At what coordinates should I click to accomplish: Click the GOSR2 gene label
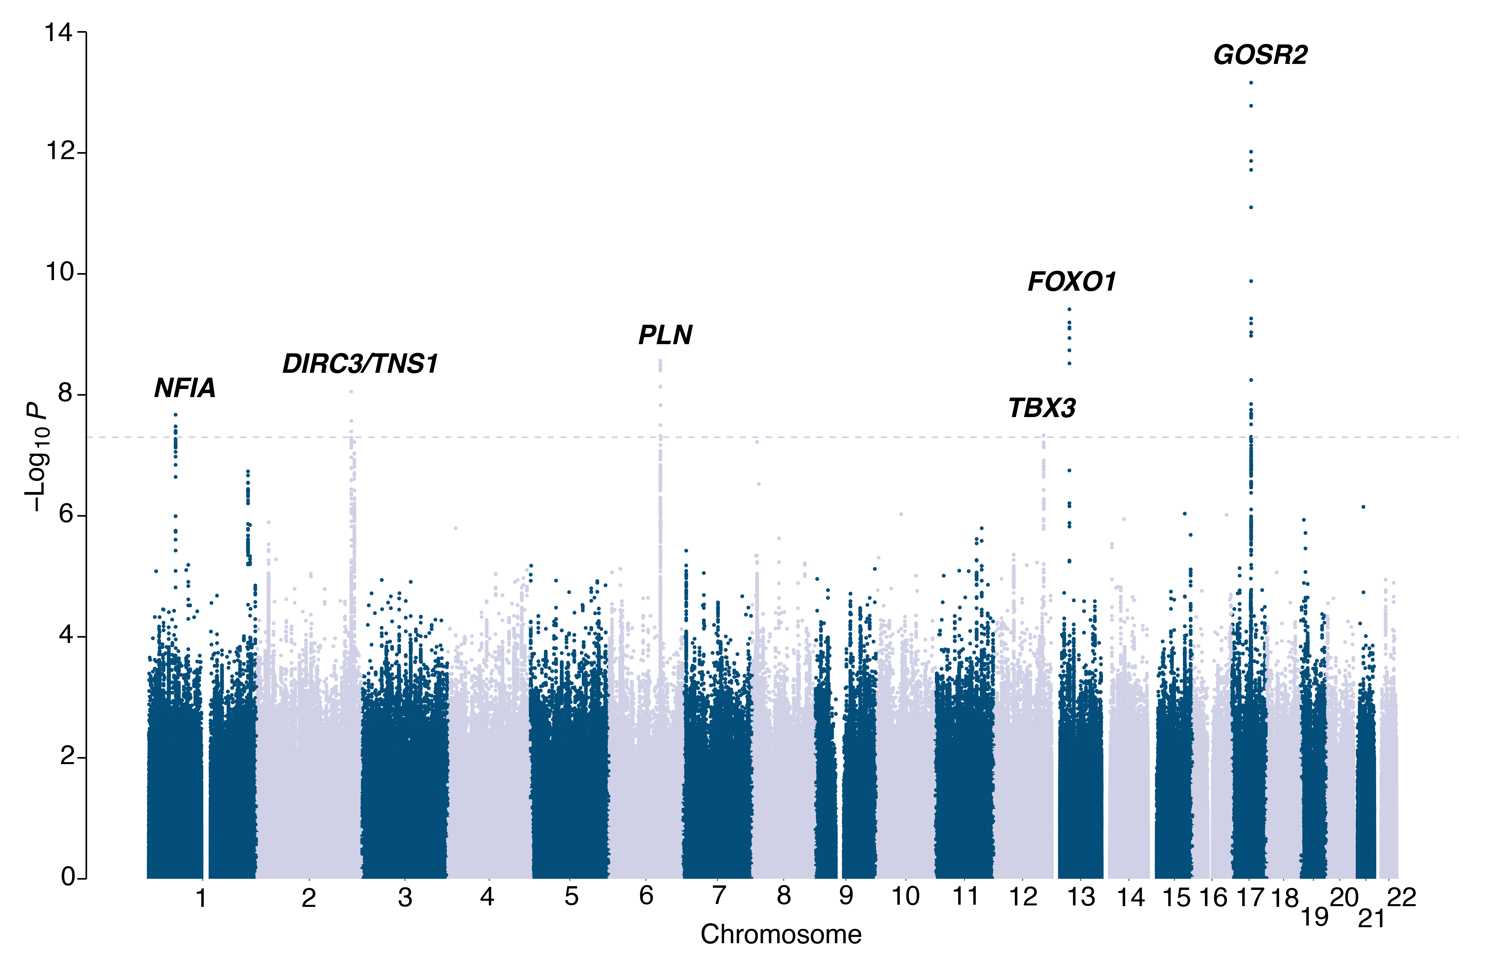click(1260, 56)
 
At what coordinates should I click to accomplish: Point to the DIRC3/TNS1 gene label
click(360, 364)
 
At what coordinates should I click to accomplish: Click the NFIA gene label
click(185, 388)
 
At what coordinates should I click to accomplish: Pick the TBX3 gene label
click(1042, 408)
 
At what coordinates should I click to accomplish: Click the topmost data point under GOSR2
click(1251, 83)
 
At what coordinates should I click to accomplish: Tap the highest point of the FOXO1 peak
click(1069, 309)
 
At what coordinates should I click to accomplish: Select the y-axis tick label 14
click(58, 32)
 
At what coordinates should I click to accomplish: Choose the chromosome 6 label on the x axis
click(646, 896)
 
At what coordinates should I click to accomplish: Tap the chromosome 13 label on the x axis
click(1081, 897)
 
